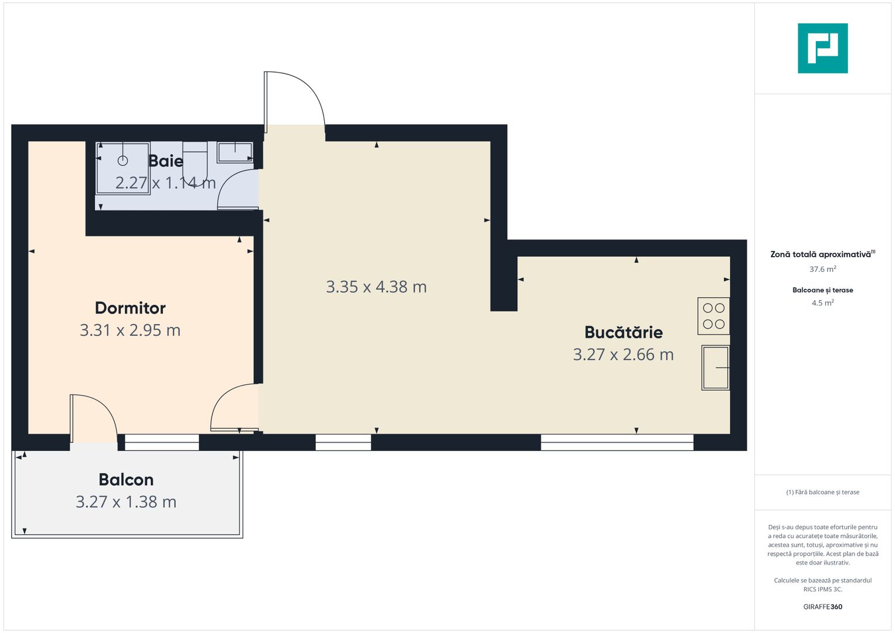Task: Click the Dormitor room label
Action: tap(130, 308)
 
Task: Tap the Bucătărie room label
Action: tap(623, 332)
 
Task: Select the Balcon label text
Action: tap(126, 479)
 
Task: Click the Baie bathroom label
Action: tap(166, 161)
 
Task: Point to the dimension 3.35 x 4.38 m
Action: tap(376, 287)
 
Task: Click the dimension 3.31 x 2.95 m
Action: tap(130, 330)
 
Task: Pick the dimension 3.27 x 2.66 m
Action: tap(623, 355)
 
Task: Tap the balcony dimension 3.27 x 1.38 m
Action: tap(126, 502)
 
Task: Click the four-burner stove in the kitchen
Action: tap(713, 316)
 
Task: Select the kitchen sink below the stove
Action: tap(715, 367)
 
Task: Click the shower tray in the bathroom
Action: tap(122, 168)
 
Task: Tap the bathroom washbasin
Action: tap(235, 152)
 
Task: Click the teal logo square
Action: tap(822, 48)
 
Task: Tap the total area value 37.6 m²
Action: tap(822, 269)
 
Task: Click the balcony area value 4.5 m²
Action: tap(822, 303)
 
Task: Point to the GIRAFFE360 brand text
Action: tap(822, 607)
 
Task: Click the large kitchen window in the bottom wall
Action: tap(617, 443)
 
